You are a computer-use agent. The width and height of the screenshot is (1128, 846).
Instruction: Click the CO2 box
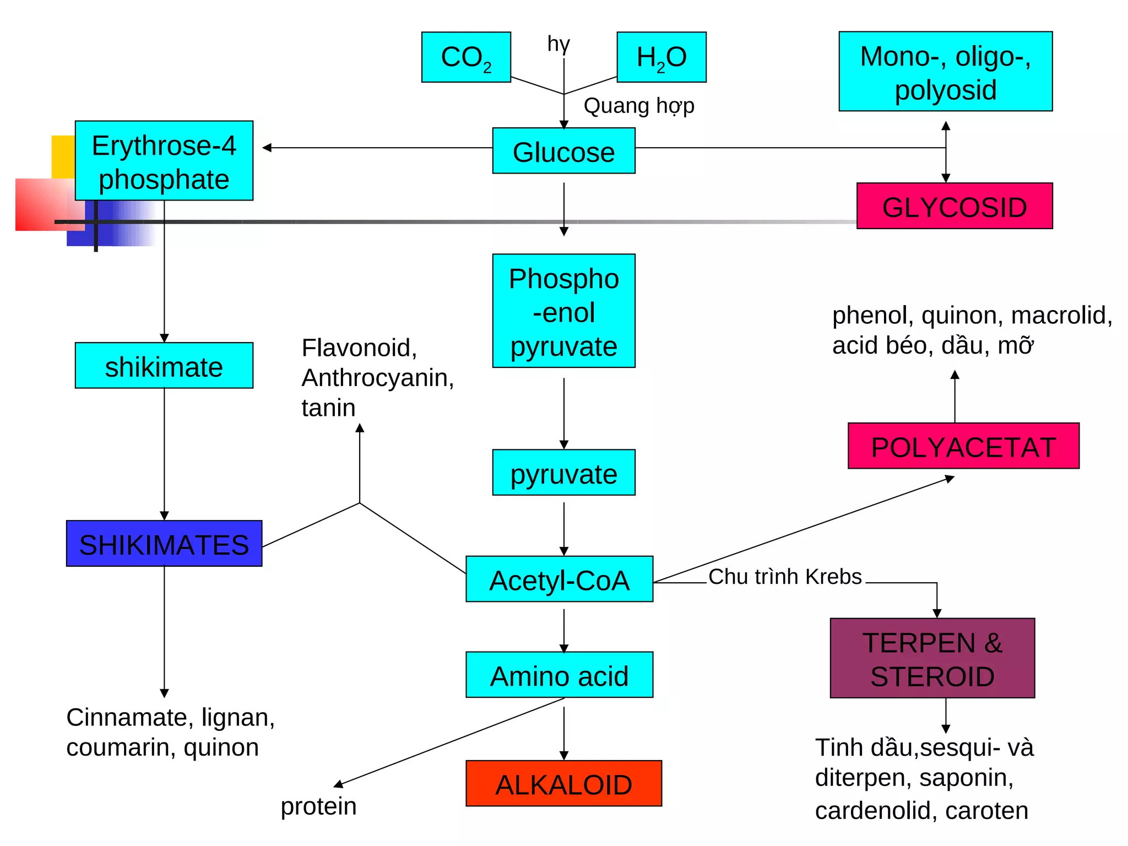click(466, 57)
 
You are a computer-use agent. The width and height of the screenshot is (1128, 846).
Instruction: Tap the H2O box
click(661, 57)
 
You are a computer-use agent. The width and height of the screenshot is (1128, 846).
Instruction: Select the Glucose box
click(563, 151)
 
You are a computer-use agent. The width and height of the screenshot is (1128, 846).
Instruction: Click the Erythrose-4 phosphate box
click(164, 161)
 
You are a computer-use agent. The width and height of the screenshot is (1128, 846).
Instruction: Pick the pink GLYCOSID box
click(955, 206)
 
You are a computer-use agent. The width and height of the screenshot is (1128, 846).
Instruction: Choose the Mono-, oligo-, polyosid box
click(945, 72)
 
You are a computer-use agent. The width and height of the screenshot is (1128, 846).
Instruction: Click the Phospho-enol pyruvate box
click(563, 311)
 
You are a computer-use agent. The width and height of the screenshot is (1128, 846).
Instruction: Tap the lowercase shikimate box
click(164, 366)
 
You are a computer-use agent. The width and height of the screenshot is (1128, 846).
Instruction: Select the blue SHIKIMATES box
click(164, 544)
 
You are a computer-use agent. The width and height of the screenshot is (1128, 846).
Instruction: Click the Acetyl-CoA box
click(559, 579)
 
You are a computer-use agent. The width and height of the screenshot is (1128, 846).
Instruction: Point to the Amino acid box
click(559, 675)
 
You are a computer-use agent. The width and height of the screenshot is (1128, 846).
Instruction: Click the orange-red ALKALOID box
click(563, 783)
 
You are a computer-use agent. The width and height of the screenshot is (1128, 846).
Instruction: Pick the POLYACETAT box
click(963, 446)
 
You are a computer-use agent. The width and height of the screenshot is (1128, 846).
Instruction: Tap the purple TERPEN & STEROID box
click(932, 658)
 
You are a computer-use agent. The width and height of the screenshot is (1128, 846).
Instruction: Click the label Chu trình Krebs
click(785, 577)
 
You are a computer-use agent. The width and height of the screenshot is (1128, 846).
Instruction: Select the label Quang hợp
click(639, 105)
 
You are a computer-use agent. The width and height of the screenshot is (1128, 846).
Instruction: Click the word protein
click(318, 806)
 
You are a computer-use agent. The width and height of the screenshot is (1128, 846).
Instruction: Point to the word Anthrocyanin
click(377, 378)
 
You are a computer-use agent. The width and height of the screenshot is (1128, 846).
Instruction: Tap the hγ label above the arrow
click(558, 44)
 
